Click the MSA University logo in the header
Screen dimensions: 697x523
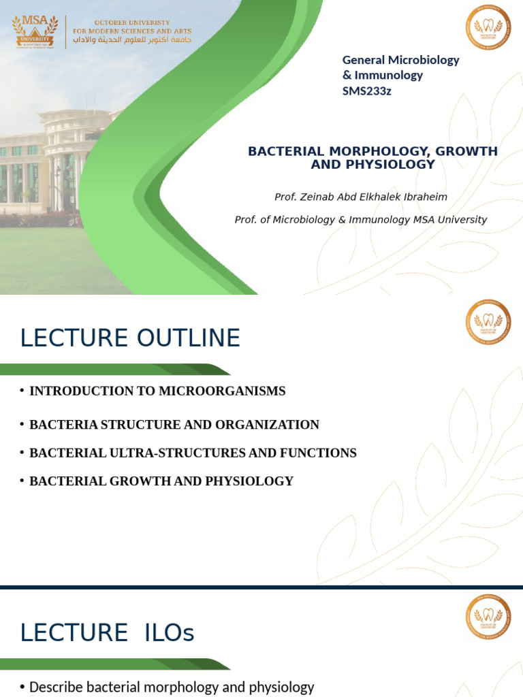click(x=37, y=31)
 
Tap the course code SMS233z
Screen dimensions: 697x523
click(x=367, y=91)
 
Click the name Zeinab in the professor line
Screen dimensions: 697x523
click(x=318, y=197)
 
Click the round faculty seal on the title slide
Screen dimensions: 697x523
click(x=488, y=27)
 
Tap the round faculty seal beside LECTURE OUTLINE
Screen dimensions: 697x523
click(x=488, y=322)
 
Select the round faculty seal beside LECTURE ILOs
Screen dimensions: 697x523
click(x=488, y=617)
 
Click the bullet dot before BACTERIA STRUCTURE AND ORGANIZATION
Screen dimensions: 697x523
click(x=22, y=425)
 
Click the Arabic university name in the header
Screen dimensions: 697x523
click(x=133, y=40)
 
